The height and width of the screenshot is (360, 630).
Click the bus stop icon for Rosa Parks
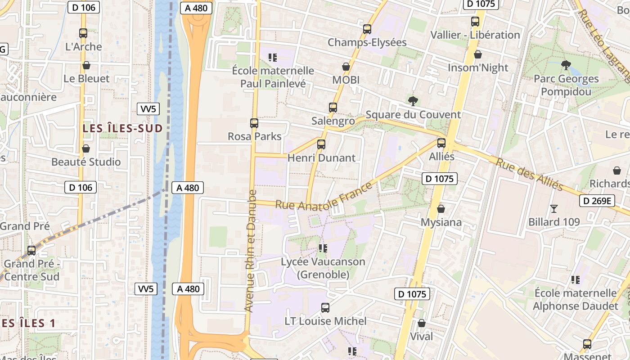[254, 123]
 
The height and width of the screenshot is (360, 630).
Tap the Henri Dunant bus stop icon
[321, 144]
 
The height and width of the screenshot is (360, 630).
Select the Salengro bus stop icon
[333, 108]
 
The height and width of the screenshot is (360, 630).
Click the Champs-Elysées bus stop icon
[367, 29]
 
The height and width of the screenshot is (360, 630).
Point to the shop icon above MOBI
[346, 67]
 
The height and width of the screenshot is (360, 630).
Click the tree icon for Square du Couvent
[413, 101]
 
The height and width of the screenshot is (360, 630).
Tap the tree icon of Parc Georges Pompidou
[566, 65]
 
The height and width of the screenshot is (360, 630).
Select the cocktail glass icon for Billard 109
[553, 208]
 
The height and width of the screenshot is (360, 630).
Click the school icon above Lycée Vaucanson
[323, 248]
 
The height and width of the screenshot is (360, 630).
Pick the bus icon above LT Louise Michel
[325, 308]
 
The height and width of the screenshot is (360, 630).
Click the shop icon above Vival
[422, 323]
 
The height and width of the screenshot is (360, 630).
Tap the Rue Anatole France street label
[324, 198]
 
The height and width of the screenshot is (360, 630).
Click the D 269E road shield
[597, 201]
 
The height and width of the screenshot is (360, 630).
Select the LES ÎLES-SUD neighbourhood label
[122, 128]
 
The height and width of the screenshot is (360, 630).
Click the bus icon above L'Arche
[83, 33]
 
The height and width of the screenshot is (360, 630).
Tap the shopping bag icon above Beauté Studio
[85, 148]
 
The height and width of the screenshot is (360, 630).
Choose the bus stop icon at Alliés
[441, 143]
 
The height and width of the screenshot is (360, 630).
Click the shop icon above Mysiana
[441, 209]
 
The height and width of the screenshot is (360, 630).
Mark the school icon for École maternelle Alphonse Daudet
[575, 280]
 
